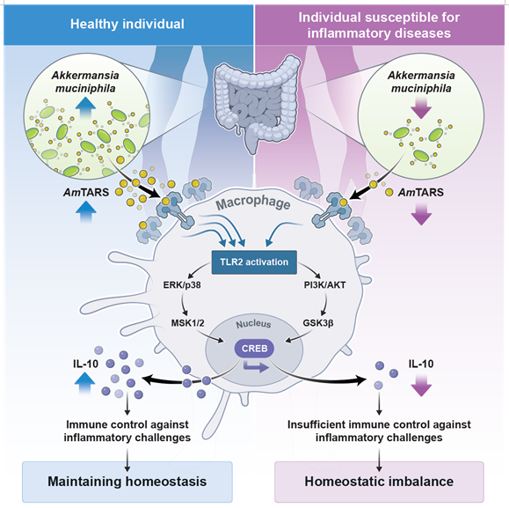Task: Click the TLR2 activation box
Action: pos(254,262)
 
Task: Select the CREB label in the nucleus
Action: pos(255,349)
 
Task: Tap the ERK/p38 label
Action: pos(182,285)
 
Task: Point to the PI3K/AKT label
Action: pos(324,285)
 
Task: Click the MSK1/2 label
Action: pos(188,323)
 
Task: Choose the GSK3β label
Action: pos(318,323)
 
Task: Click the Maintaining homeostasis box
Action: pos(127,482)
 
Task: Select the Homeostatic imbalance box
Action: pos(379,482)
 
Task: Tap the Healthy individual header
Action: pos(128,25)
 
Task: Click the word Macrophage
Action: pos(253,202)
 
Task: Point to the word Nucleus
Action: pos(253,324)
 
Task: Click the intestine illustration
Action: pos(257,103)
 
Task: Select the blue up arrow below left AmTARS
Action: pos(85,211)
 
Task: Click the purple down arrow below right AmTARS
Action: pos(421,214)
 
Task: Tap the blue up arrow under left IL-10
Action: pos(84,384)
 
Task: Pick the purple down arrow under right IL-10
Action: pos(421,385)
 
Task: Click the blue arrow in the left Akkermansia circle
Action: pos(85,108)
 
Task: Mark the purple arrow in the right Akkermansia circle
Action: pos(421,107)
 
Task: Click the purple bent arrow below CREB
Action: pos(256,367)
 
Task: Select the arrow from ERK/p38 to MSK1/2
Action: pos(183,305)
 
